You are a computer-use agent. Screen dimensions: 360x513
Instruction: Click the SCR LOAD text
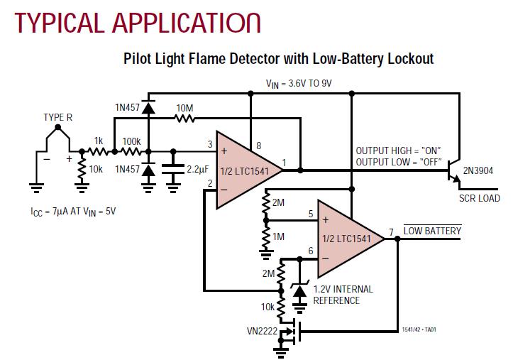tap(479, 198)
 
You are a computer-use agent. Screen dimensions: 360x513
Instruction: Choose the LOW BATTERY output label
tap(433, 231)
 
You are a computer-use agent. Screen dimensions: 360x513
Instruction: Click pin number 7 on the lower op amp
tap(391, 232)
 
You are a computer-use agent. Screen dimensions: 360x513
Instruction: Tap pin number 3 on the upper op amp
tap(210, 145)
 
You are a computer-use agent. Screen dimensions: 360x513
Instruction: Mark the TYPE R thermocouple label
tap(58, 117)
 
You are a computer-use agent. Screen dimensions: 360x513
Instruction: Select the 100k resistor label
tap(131, 141)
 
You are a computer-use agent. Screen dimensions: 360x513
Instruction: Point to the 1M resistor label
tap(278, 236)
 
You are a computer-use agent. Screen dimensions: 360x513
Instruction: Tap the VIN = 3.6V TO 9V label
tap(299, 83)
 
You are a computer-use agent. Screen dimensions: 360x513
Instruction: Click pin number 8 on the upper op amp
tap(258, 146)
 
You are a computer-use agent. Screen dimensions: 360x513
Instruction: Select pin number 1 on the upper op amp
tap(284, 164)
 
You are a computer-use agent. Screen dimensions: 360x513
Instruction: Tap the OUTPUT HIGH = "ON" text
tap(398, 151)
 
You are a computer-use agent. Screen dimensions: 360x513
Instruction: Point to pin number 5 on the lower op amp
tap(310, 213)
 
